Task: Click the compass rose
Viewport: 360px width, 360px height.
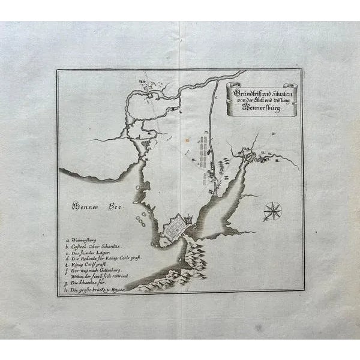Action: click(x=272, y=211)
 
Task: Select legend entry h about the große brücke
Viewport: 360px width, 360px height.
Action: click(x=97, y=290)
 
